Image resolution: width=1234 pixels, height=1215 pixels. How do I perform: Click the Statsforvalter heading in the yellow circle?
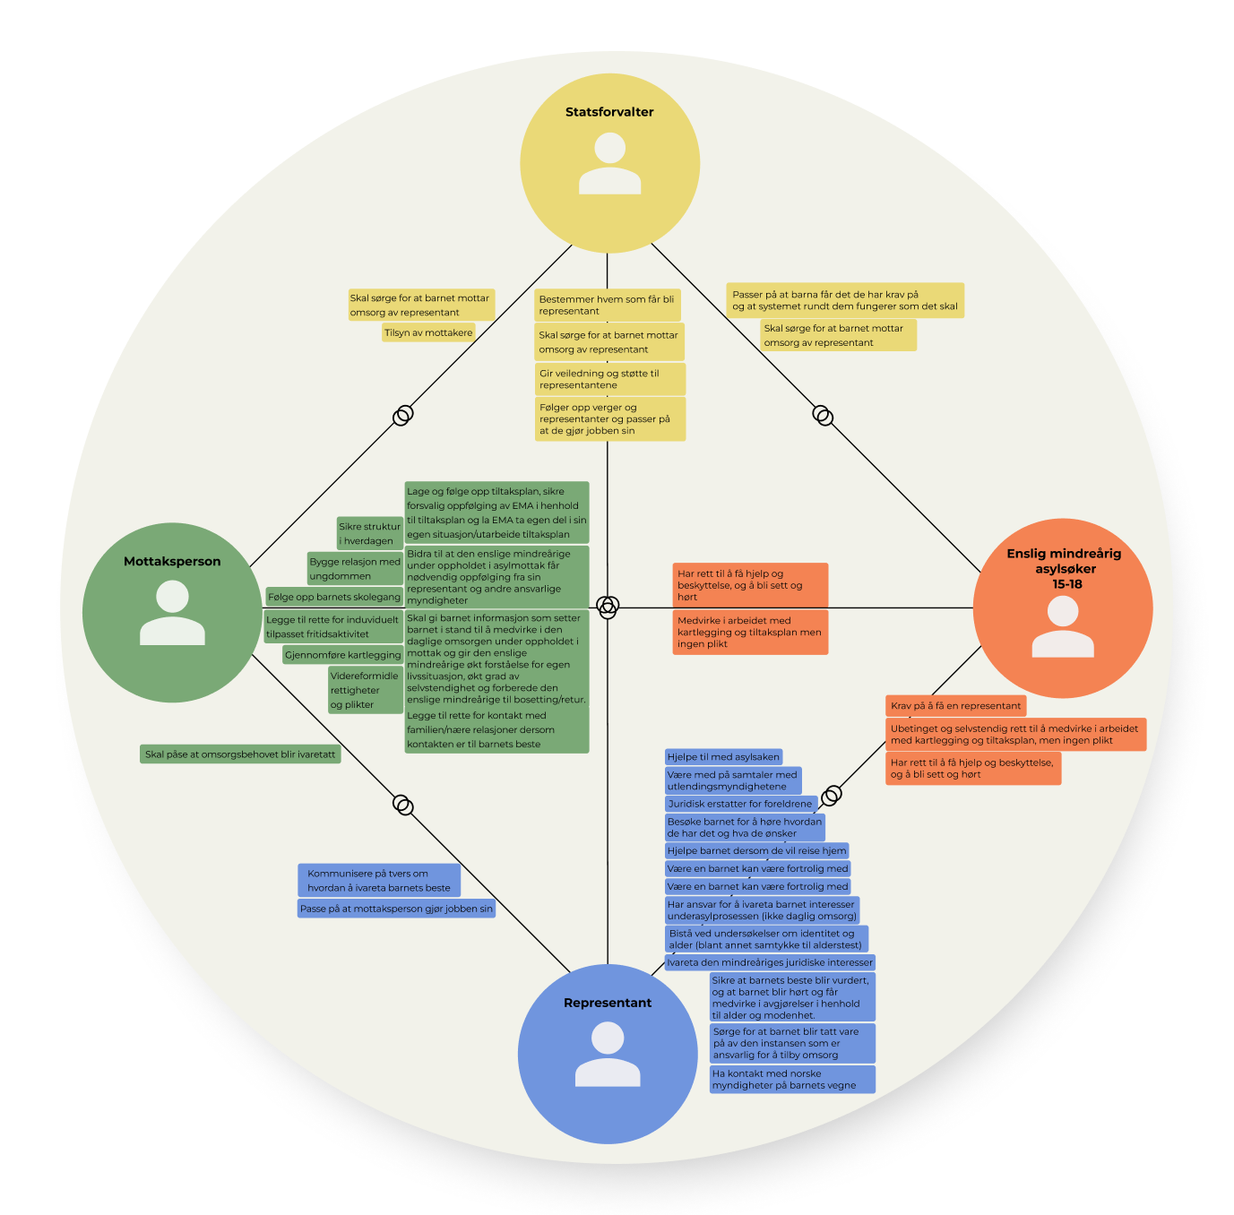[608, 112]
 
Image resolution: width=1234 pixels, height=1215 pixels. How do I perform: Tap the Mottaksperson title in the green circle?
[172, 562]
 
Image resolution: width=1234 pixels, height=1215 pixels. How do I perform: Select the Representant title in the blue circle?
[607, 1003]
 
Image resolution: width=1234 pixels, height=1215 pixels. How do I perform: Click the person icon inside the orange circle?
[1062, 626]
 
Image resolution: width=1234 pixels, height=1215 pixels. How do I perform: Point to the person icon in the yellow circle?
[609, 163]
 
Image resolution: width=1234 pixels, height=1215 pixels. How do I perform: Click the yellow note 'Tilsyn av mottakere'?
[427, 333]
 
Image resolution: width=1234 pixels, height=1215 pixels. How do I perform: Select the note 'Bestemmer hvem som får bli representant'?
[607, 305]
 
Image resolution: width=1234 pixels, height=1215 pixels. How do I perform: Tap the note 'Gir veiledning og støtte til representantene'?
[609, 379]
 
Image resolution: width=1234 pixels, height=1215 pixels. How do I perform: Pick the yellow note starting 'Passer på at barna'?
[844, 300]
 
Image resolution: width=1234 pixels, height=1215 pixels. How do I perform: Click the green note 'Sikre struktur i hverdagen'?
[369, 533]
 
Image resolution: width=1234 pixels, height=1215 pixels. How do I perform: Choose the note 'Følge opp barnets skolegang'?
[334, 597]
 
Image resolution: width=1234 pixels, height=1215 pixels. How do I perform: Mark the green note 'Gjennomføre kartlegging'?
[342, 655]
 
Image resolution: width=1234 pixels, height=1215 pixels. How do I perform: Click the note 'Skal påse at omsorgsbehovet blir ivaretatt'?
[240, 754]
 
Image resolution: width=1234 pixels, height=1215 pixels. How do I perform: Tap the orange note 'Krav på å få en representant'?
[954, 706]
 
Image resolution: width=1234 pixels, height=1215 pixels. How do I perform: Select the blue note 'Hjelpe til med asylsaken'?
[723, 757]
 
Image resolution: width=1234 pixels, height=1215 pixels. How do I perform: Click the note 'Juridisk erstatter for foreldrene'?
[739, 804]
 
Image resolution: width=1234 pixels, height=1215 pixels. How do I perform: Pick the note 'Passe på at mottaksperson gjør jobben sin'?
[396, 909]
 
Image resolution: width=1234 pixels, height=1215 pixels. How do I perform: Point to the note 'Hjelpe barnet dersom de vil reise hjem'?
[756, 851]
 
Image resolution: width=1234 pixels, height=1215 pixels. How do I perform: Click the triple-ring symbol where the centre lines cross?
[607, 606]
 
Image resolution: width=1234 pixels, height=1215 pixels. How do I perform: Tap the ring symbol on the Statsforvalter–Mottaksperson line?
[402, 415]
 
